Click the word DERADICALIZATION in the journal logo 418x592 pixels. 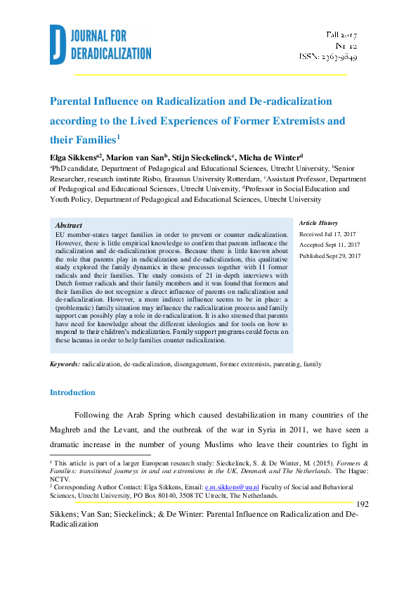pos(111,53)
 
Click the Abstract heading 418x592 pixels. pos(68,224)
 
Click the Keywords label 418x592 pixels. pos(65,364)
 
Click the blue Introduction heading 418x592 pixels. pos(72,392)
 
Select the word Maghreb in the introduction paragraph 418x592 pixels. pos(70,430)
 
